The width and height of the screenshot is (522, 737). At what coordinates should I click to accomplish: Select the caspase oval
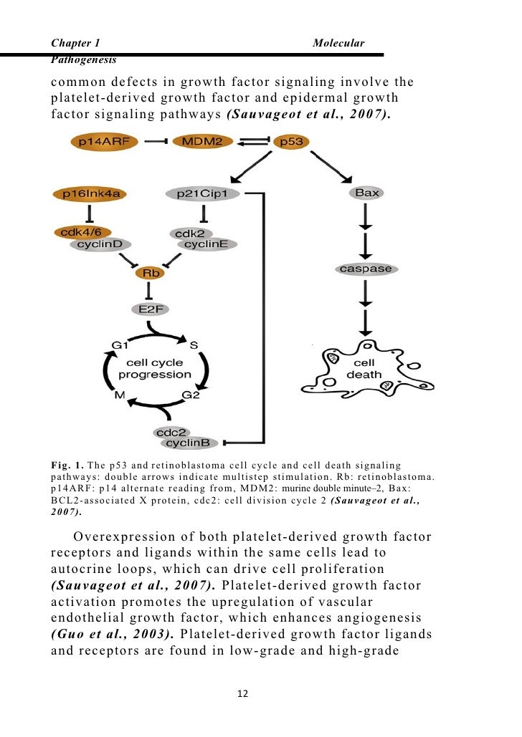[366, 269]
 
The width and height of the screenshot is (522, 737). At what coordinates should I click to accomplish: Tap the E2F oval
[149, 309]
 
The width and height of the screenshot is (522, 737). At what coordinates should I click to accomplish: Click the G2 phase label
[191, 395]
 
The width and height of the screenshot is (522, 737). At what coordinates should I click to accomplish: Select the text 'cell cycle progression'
[155, 369]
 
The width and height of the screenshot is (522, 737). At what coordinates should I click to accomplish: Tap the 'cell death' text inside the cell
[364, 369]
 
